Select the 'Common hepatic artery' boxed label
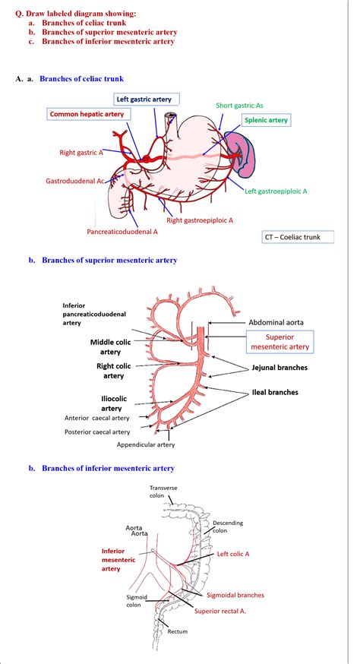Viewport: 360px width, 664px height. point(86,114)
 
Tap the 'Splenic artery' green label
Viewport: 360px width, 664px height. point(265,119)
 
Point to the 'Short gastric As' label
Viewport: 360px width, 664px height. point(241,106)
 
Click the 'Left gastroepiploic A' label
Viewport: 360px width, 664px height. point(276,191)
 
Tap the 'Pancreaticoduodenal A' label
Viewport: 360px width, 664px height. point(122,230)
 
